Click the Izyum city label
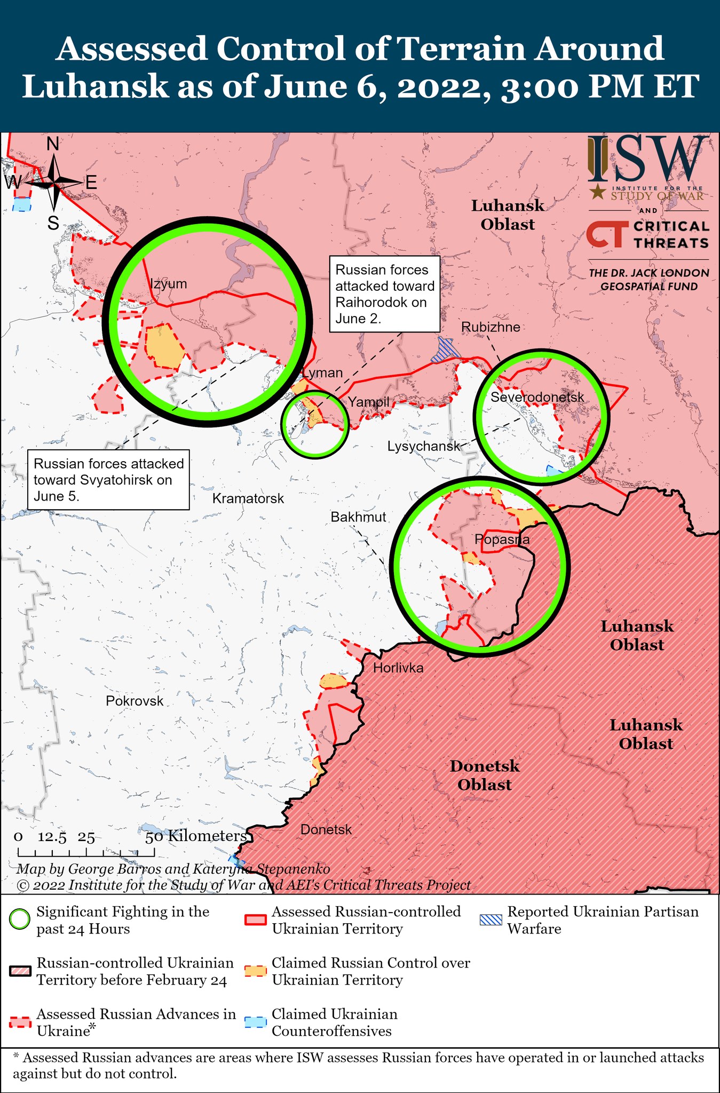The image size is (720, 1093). click(x=168, y=284)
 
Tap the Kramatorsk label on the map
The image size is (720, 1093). click(x=248, y=498)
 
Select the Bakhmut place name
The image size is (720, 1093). click(x=358, y=517)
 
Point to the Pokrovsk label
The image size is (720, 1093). click(x=134, y=701)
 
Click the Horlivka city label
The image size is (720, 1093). click(x=398, y=668)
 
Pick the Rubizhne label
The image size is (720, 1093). click(x=490, y=327)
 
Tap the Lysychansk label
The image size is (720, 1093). click(x=423, y=446)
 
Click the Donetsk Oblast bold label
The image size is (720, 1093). click(x=484, y=775)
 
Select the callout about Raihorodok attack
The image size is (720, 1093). click(x=384, y=294)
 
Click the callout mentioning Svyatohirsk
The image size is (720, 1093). click(x=109, y=479)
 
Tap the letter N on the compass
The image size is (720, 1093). click(x=53, y=144)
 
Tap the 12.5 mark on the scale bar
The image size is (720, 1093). click(x=52, y=837)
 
